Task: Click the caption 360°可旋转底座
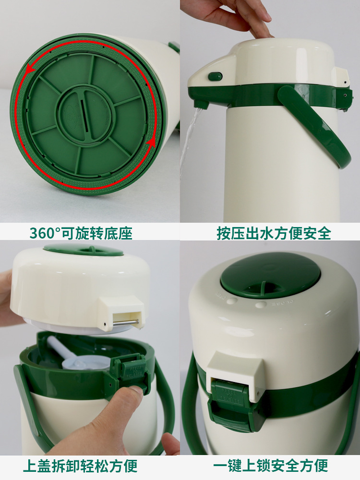(81, 233)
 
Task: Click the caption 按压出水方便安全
(274, 233)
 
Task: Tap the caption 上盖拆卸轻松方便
(80, 466)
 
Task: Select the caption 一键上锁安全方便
(271, 466)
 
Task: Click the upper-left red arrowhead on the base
(30, 70)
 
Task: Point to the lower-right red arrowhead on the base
(151, 143)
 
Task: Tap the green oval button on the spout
(215, 76)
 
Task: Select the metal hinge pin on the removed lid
(125, 322)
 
